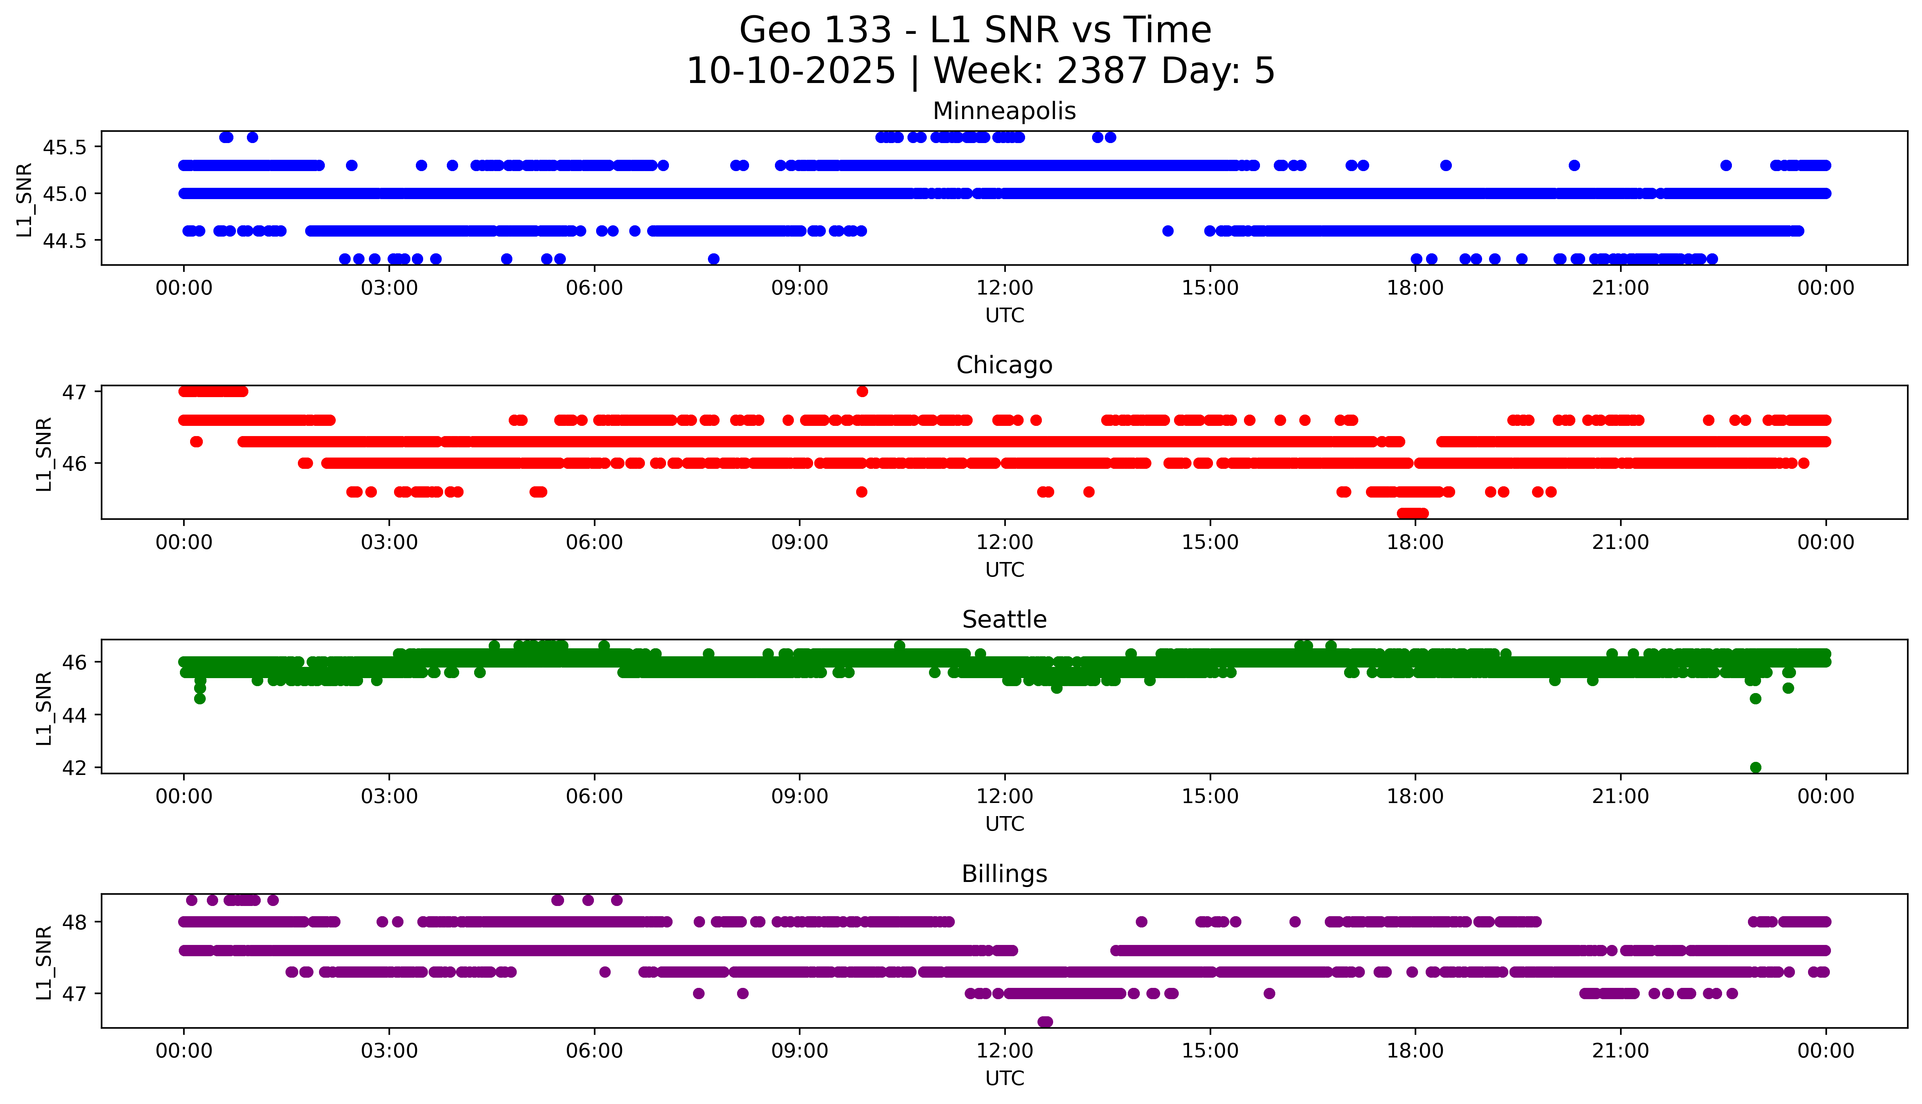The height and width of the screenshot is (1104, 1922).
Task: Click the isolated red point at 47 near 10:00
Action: point(862,391)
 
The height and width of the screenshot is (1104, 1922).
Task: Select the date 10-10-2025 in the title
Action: point(791,71)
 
